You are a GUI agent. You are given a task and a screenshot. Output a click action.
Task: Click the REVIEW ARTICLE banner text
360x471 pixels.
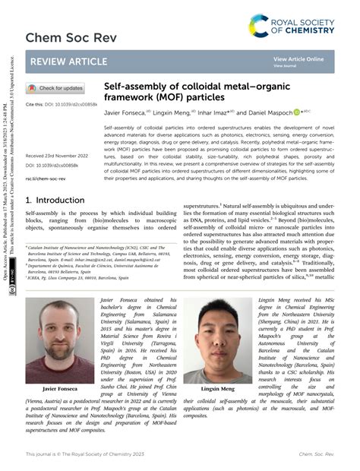pos(68,62)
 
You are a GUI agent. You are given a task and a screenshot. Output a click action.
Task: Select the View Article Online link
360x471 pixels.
pos(298,58)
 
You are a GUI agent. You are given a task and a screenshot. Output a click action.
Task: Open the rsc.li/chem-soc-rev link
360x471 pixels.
pos(46,179)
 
